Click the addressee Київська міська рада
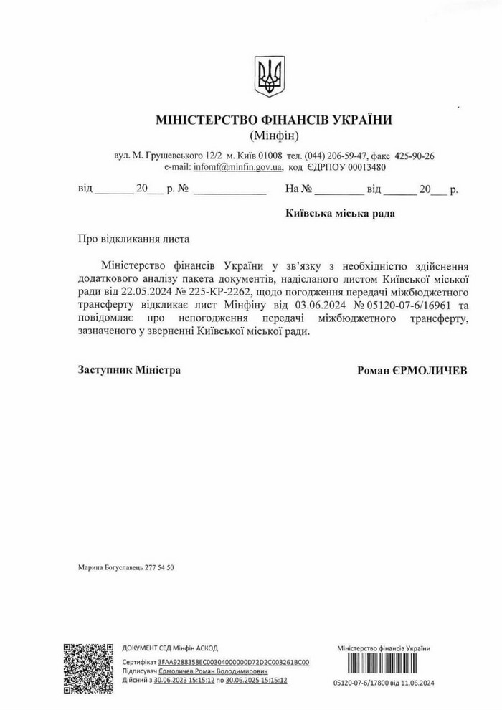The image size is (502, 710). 339,213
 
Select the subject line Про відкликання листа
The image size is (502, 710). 135,238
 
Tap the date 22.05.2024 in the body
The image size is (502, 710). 149,293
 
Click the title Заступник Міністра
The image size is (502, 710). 129,370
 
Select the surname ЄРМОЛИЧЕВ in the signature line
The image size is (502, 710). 430,371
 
